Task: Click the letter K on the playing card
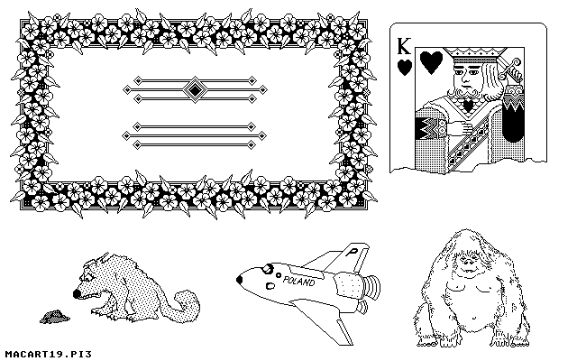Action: pos(404,46)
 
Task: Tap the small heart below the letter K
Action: pos(405,68)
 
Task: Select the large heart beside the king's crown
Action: pos(431,62)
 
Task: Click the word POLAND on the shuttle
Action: pos(298,281)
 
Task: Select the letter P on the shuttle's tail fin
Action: pos(353,252)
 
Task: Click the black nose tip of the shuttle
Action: pos(239,280)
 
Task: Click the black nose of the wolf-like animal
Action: pos(77,293)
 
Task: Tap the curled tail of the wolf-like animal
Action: pos(187,305)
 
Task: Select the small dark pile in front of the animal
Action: pos(54,317)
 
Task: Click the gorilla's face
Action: pos(468,264)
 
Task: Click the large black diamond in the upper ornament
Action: pos(195,89)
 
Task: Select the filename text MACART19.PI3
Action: pos(48,355)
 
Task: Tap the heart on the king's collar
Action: pos(468,106)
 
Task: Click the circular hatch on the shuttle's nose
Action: pos(268,270)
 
